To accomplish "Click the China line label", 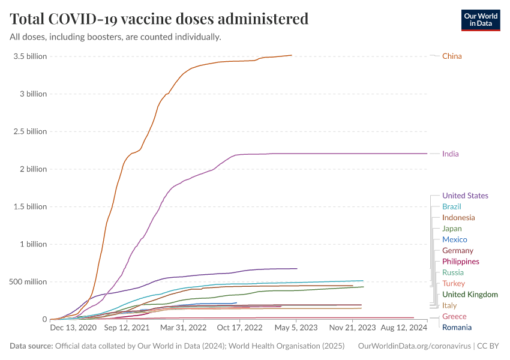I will pyautogui.click(x=452, y=56).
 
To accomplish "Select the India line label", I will pyautogui.click(x=450, y=154).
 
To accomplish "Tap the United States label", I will pyautogui.click(x=465, y=196).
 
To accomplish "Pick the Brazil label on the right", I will pyautogui.click(x=452, y=206).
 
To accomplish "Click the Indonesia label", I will pyautogui.click(x=458, y=218).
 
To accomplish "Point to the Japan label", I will pyautogui.click(x=452, y=229).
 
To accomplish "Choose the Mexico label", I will pyautogui.click(x=454, y=239).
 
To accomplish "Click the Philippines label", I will pyautogui.click(x=460, y=262).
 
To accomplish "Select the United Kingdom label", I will pyautogui.click(x=470, y=295).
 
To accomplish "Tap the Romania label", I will pyautogui.click(x=457, y=328).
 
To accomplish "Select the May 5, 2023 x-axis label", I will pyautogui.click(x=296, y=328).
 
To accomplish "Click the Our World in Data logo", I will pyautogui.click(x=481, y=19).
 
